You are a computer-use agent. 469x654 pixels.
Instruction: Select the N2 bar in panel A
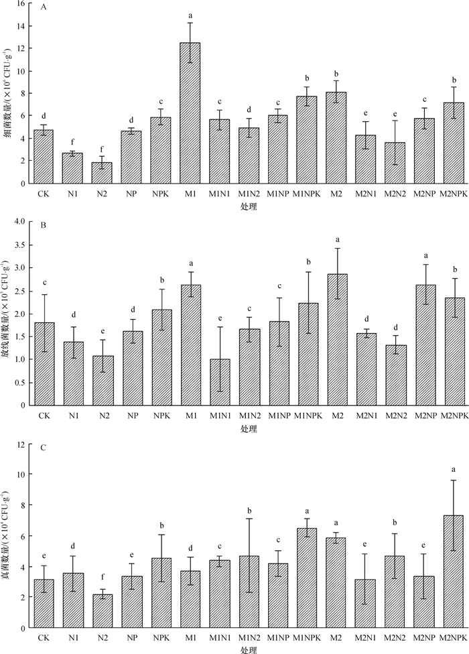point(103,173)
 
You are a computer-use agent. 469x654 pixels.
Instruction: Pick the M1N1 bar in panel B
point(220,382)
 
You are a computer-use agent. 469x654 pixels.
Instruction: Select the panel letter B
point(44,226)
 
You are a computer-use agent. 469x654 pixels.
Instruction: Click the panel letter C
point(44,448)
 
